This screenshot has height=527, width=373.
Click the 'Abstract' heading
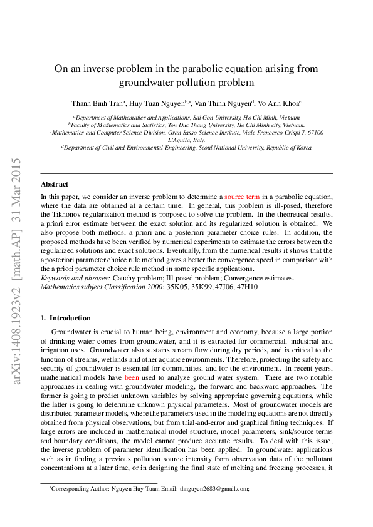(x=55, y=185)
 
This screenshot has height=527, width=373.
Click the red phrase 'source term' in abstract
(x=242, y=197)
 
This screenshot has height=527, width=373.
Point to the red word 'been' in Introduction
(x=132, y=378)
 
